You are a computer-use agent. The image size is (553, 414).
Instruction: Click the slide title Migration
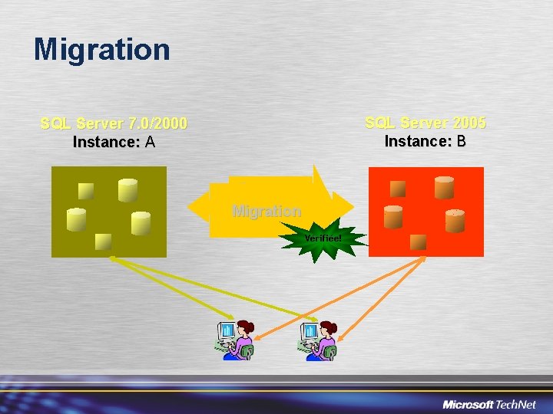101,50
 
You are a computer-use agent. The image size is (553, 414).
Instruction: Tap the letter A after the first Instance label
150,142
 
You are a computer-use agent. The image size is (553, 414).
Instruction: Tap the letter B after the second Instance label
460,141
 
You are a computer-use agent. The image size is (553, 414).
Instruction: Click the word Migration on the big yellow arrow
267,210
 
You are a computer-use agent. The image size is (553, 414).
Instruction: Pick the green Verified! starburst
323,238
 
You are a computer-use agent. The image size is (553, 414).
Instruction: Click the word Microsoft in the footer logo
468,404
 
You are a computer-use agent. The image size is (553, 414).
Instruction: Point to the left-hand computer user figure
234,340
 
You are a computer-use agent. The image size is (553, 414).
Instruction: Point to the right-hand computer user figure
318,340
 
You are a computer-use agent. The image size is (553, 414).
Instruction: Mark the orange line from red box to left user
338,299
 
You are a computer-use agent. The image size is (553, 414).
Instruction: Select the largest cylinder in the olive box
127,190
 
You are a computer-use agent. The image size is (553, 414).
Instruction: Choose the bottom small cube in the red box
418,242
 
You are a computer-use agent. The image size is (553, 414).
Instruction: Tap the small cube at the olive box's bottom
103,242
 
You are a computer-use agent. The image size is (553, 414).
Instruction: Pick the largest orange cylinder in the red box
444,187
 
